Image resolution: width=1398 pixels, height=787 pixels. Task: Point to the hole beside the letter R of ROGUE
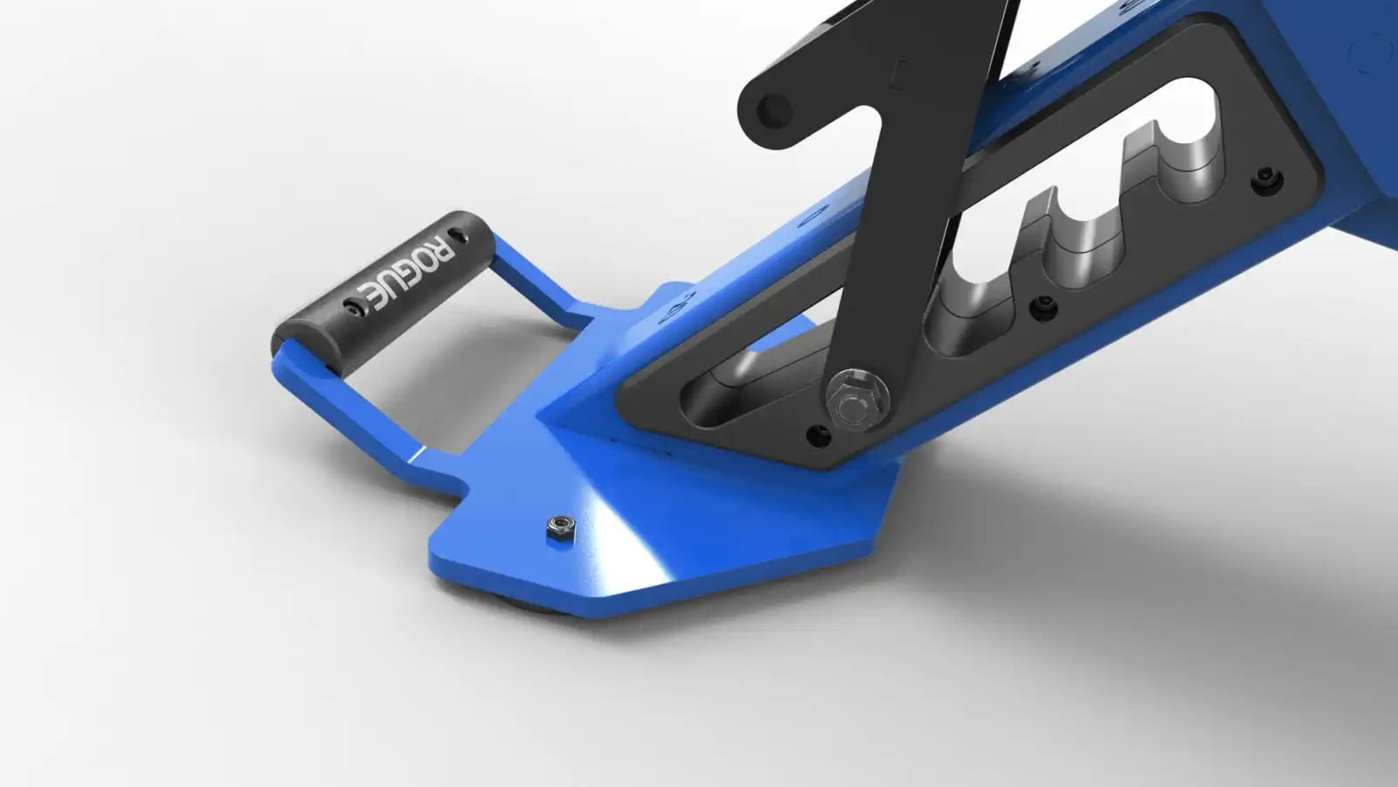point(460,235)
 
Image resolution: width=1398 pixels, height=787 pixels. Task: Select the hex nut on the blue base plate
point(560,528)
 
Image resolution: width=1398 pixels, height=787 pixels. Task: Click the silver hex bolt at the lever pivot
point(857,400)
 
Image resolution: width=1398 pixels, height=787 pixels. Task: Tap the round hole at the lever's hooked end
point(774,111)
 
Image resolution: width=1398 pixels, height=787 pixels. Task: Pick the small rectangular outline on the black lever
point(899,75)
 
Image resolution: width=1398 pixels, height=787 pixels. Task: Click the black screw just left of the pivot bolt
point(818,435)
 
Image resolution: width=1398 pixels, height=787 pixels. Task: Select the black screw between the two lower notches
point(1043,308)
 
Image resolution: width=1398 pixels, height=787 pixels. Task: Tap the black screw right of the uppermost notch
point(1267,180)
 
